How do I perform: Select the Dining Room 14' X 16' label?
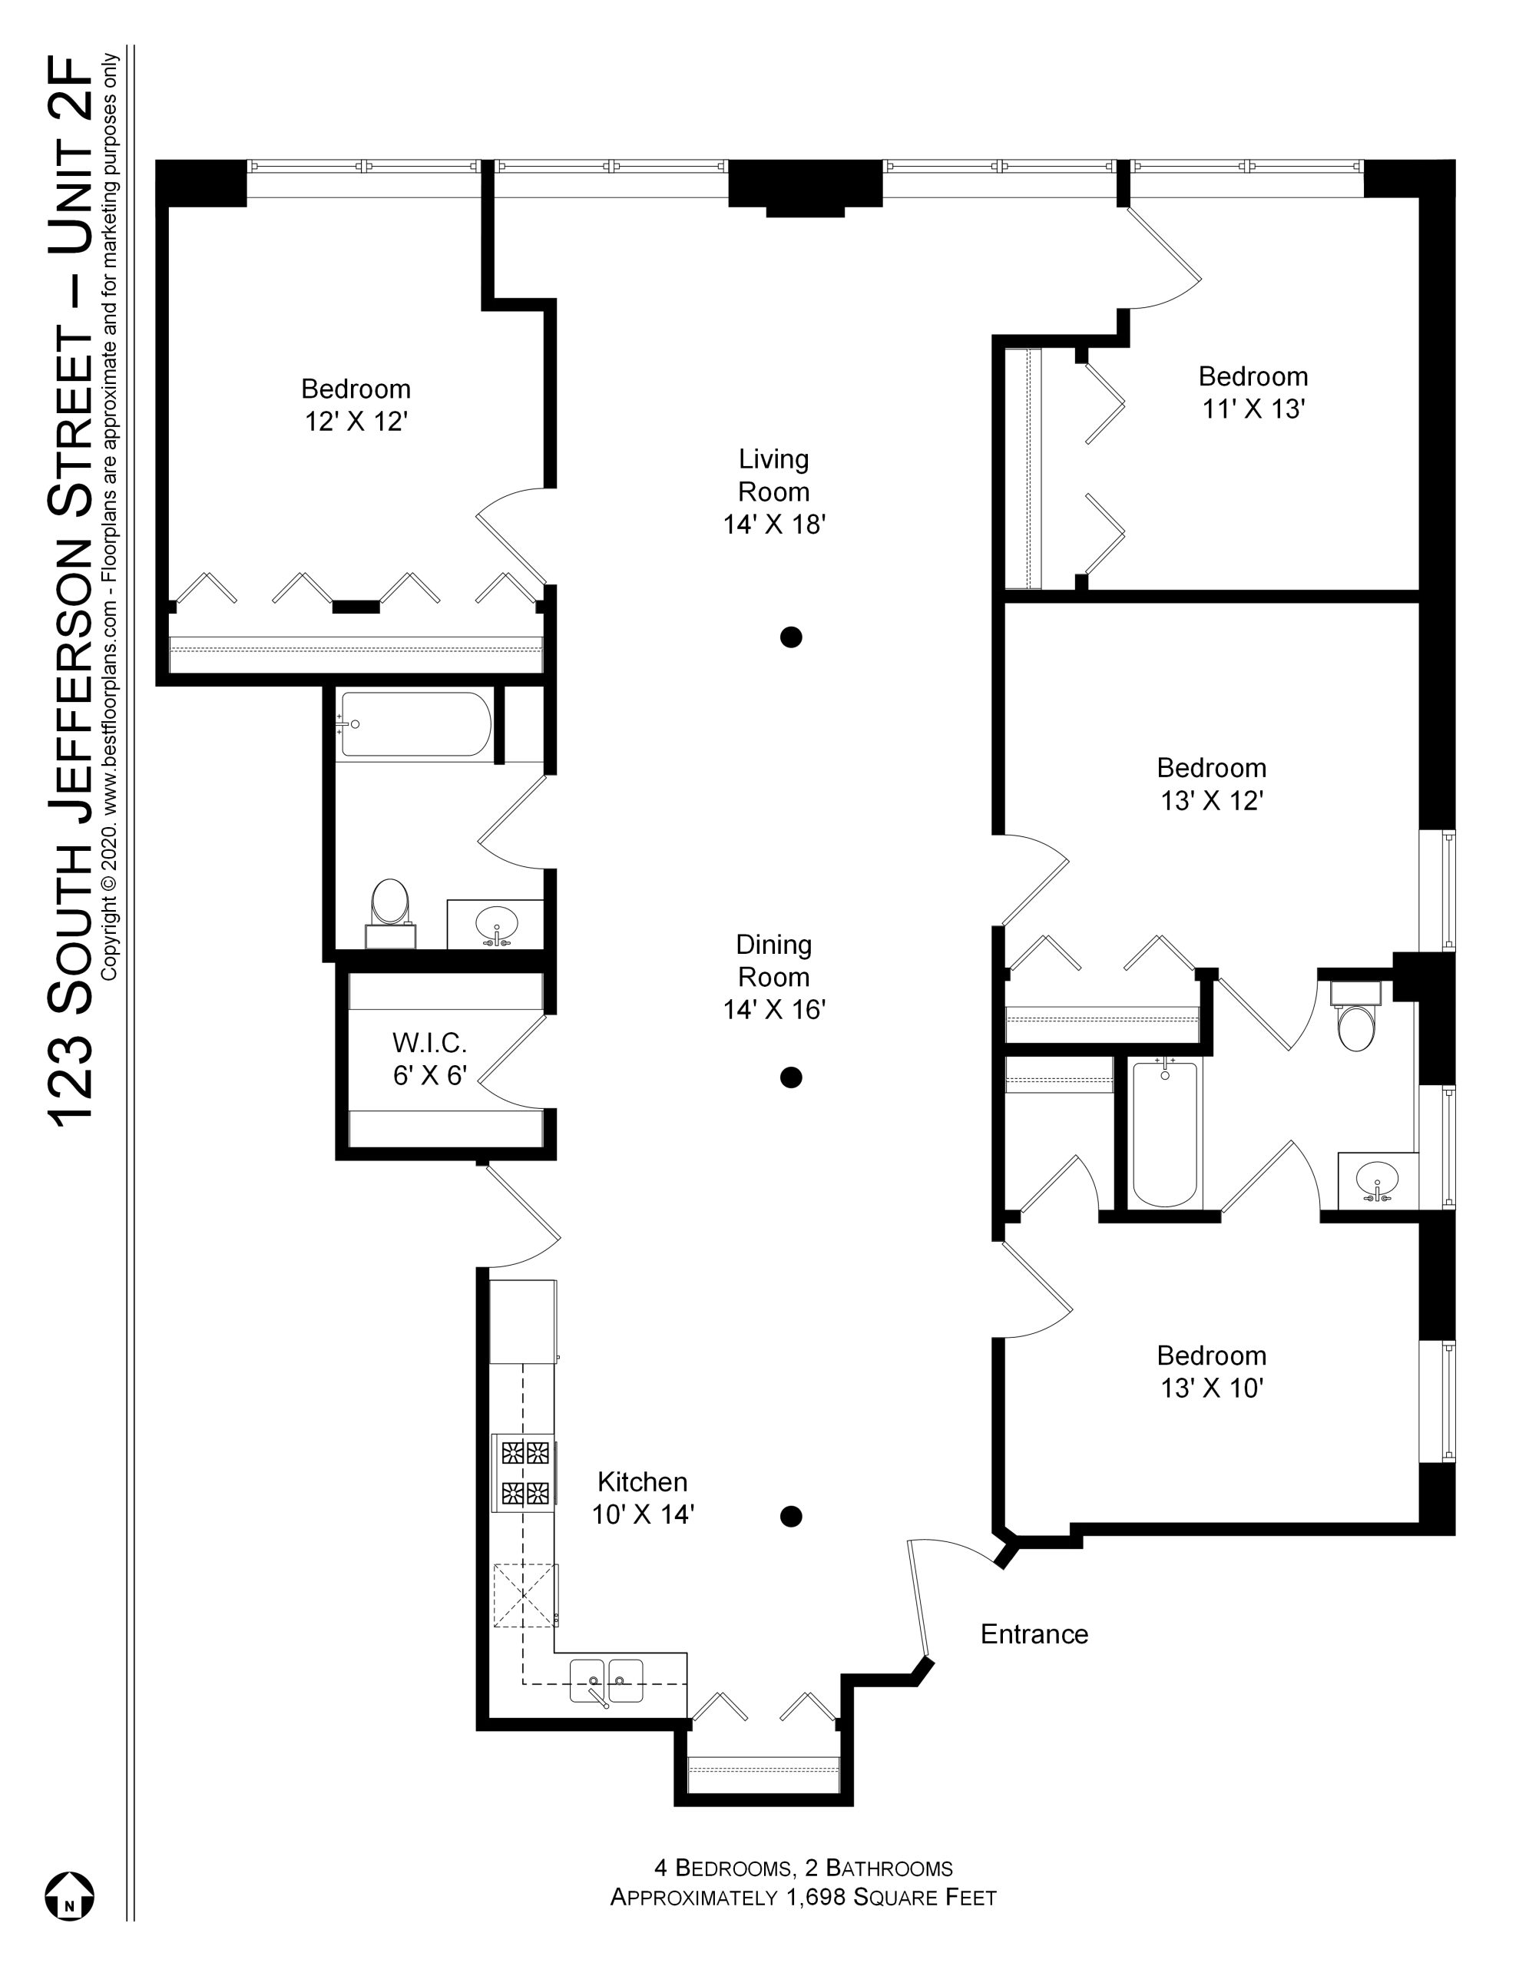coord(774,977)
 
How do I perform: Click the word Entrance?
coord(1034,1633)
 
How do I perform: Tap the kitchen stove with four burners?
coord(524,1474)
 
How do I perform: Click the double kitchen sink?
coord(607,1680)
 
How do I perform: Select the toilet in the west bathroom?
coord(390,912)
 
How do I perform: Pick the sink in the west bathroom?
coord(496,925)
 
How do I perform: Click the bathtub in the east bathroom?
coord(1166,1134)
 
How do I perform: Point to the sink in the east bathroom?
coord(1376,1180)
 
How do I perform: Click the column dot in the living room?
coord(790,637)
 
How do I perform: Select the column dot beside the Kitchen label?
coord(790,1517)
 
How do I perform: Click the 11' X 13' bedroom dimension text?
coord(1253,409)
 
